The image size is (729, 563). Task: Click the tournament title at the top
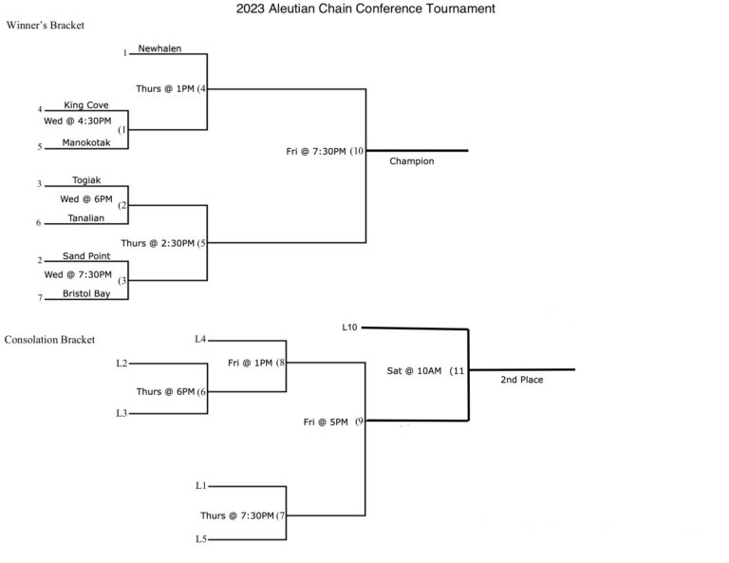tap(364, 9)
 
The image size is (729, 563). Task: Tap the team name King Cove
tap(86, 105)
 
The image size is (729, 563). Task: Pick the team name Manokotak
tap(87, 142)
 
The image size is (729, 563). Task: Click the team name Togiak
tap(87, 180)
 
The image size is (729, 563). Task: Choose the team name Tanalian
tap(86, 217)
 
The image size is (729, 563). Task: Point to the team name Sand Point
tap(86, 255)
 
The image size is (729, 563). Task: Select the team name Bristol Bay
tap(86, 293)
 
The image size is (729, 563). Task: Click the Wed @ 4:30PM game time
tap(78, 122)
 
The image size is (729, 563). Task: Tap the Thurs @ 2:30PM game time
tap(158, 243)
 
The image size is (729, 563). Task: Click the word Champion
tap(412, 161)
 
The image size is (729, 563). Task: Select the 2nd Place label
tap(522, 380)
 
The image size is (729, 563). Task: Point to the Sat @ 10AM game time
tap(415, 370)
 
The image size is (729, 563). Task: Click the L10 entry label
tap(349, 328)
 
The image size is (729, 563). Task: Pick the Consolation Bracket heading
tap(49, 339)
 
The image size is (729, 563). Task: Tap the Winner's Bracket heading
tap(45, 27)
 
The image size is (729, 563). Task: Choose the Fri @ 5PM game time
tap(325, 421)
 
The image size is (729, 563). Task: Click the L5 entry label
tap(200, 540)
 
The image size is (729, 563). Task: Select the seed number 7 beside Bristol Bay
tap(41, 298)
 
